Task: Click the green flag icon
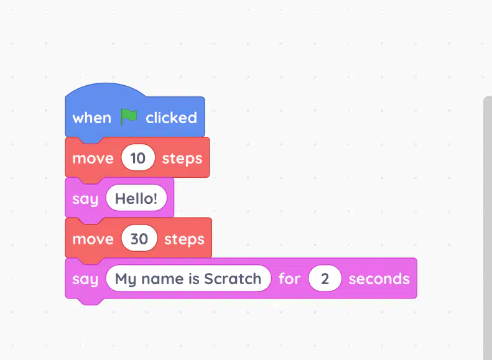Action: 129,117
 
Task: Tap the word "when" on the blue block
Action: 91,118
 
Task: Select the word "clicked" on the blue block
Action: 171,118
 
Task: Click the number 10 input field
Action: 138,157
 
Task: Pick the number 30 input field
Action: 139,238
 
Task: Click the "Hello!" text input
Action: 136,198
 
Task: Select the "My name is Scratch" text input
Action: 188,279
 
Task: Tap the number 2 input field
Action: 325,279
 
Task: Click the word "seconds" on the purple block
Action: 379,279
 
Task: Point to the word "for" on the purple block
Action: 289,279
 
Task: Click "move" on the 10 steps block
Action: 93,159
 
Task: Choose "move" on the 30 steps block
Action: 93,239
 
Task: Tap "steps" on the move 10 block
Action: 182,159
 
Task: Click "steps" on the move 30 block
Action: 184,239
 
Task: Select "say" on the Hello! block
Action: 85,199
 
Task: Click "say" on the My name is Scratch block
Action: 85,280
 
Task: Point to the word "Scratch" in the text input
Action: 233,279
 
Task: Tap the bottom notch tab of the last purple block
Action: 91,301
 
